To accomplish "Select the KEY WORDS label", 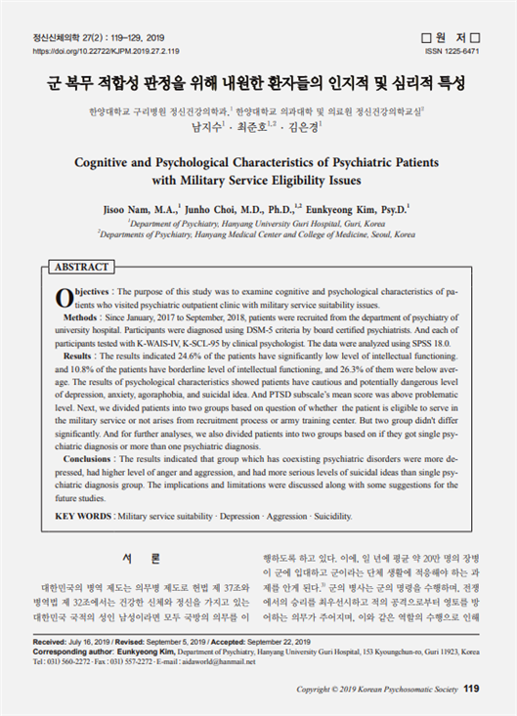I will point(82,515).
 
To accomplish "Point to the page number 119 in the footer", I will point(472,689).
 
